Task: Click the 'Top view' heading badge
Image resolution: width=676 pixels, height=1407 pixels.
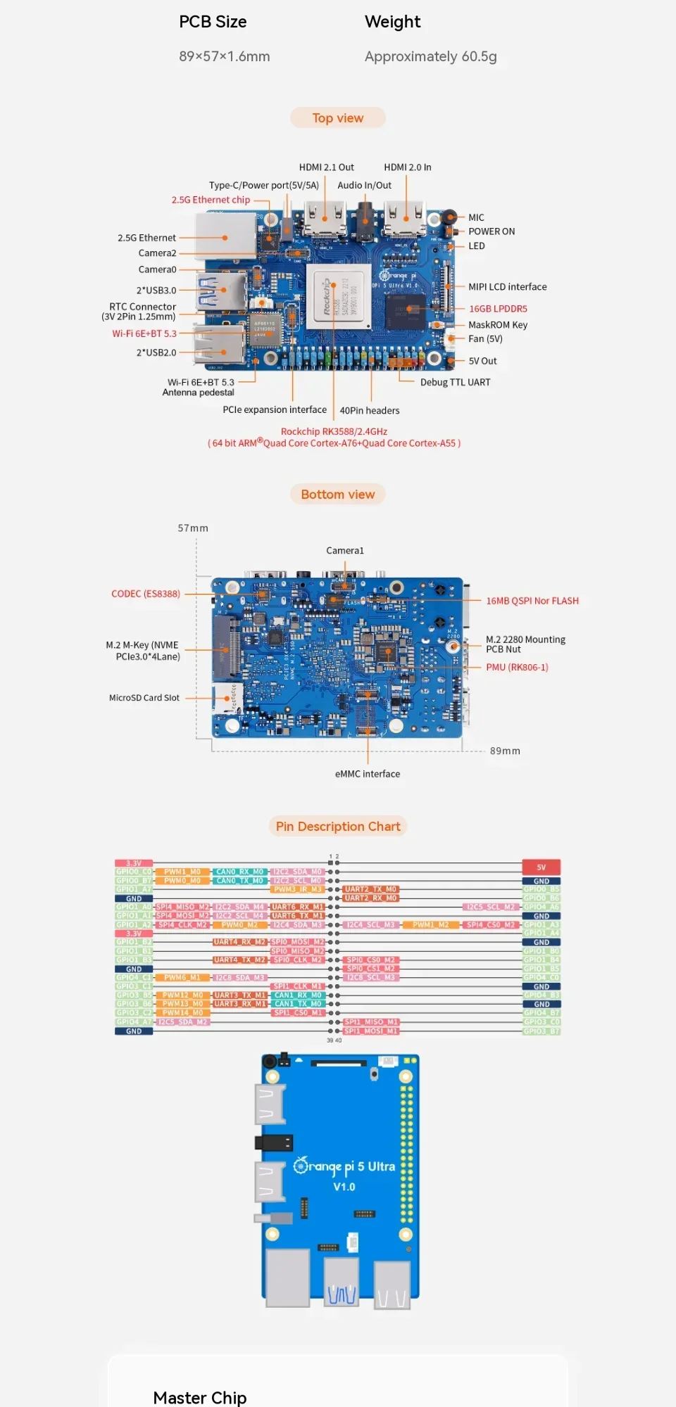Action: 338,118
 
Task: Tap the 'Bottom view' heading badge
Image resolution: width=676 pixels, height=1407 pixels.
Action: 338,495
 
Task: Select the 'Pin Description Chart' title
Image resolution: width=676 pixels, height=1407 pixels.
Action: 338,827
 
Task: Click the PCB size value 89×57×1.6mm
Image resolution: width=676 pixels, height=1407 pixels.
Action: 224,56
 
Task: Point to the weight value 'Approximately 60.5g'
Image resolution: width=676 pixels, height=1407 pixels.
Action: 430,56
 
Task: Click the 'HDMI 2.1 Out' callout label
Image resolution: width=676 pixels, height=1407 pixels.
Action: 326,167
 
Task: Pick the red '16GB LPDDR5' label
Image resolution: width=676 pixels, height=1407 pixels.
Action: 498,309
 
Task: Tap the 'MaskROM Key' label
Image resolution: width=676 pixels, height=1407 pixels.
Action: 498,325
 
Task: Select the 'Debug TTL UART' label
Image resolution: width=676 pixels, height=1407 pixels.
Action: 455,382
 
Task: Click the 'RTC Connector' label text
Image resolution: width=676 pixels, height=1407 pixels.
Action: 142,307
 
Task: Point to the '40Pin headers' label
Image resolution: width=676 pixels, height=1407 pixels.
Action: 370,411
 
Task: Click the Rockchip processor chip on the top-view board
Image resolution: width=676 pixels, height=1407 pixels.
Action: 338,298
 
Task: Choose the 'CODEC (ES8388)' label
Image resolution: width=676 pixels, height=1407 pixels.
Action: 146,594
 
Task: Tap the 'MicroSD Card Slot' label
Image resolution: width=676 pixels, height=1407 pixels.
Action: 144,698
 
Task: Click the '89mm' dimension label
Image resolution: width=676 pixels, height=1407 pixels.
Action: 505,751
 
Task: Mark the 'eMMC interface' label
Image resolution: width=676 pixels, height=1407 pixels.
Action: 368,774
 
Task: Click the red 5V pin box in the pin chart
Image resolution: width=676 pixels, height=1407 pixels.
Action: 541,867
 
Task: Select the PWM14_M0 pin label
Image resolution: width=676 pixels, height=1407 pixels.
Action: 182,1013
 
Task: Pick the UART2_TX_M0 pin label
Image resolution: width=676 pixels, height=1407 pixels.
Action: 370,889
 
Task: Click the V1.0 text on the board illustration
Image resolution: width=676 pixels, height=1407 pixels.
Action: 344,1187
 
